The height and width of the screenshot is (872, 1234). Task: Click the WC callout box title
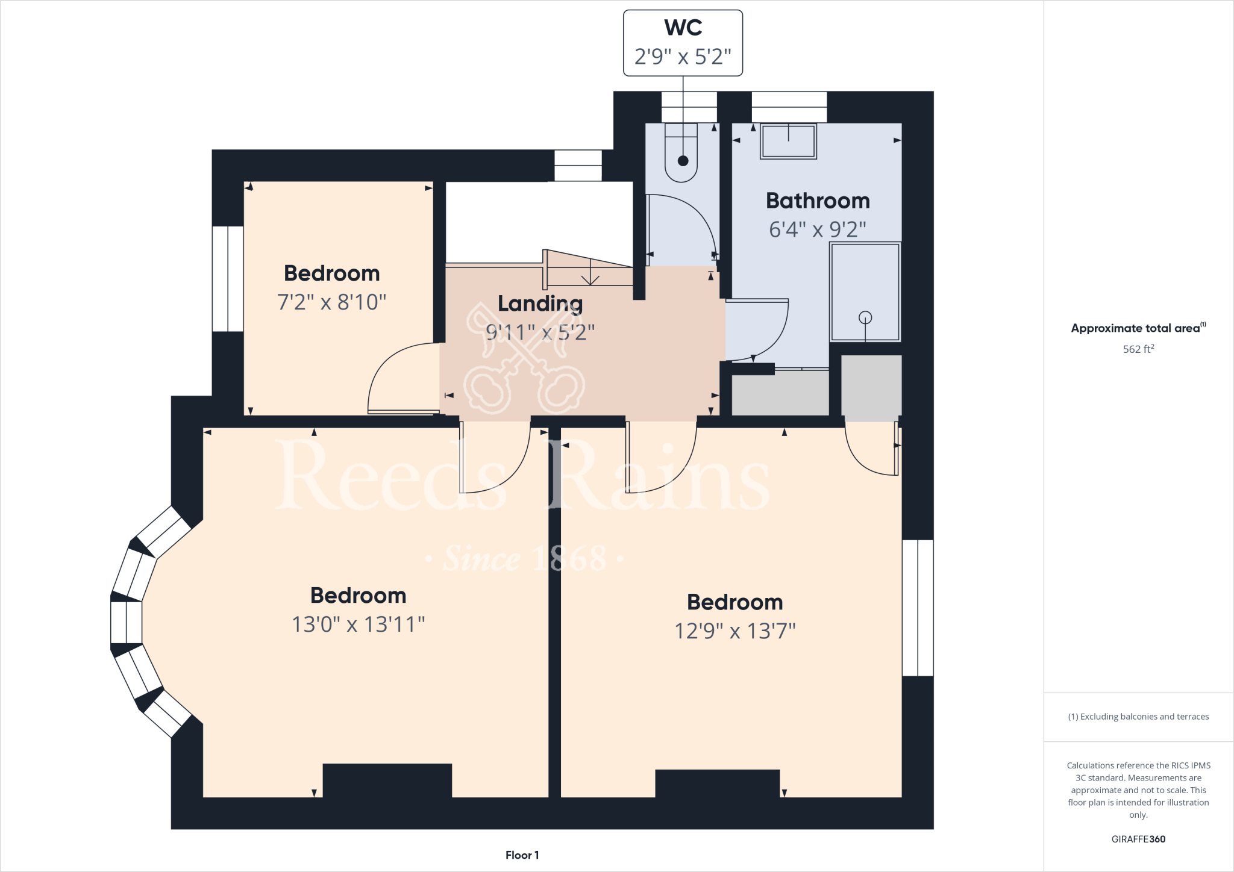[x=683, y=28]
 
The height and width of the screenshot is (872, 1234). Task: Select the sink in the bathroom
[x=788, y=142]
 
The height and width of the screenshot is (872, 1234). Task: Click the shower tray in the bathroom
[x=865, y=291]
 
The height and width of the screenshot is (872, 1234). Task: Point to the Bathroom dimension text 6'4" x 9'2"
[x=817, y=229]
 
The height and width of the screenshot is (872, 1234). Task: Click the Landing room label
[x=540, y=304]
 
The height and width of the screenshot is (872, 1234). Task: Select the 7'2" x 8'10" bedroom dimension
[x=331, y=302]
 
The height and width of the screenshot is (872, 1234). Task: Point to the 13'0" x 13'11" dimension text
[x=358, y=624]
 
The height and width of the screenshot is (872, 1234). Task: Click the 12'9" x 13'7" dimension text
[x=734, y=631]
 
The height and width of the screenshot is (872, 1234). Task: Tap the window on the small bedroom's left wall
[x=228, y=279]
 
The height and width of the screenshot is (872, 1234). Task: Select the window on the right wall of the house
[x=917, y=608]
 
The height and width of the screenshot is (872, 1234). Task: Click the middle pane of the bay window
[x=126, y=623]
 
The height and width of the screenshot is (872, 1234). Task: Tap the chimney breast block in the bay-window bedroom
[x=387, y=780]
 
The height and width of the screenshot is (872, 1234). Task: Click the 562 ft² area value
[x=1138, y=349]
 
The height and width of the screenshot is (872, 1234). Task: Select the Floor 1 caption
[x=522, y=855]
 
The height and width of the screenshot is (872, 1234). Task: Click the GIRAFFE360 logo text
[x=1138, y=839]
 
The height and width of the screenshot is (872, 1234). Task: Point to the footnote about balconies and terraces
[x=1138, y=717]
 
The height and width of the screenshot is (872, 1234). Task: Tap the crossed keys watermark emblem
[x=523, y=359]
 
